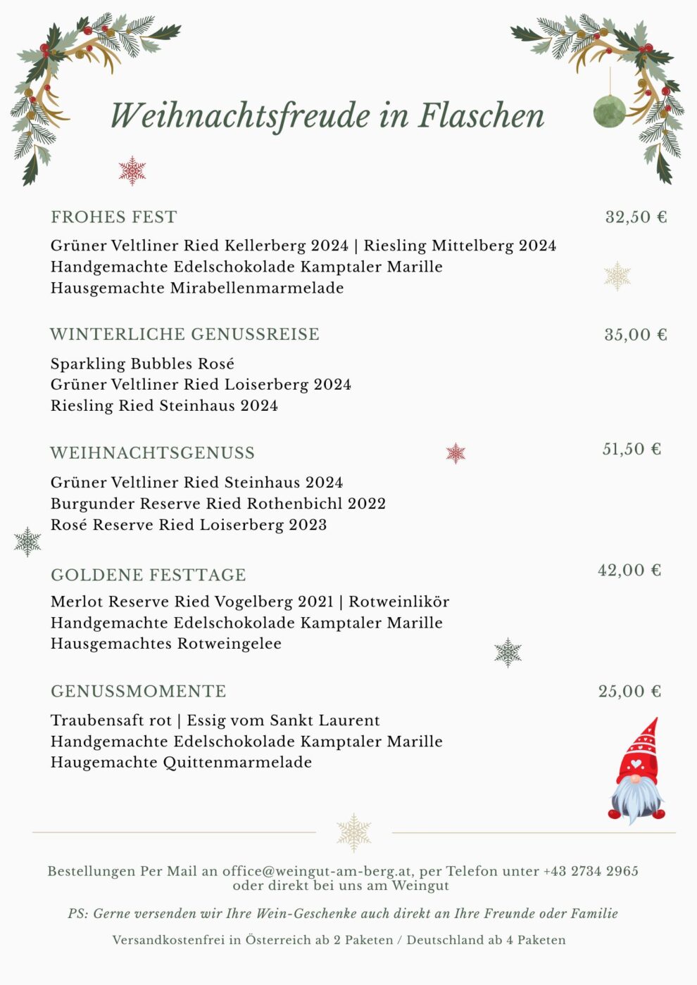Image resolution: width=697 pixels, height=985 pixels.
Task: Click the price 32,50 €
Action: [x=635, y=217]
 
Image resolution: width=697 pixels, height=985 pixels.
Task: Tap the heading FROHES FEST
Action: [x=113, y=217]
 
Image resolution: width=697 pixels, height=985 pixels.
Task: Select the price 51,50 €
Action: [x=632, y=449]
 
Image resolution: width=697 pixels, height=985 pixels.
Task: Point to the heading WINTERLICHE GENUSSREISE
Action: [x=184, y=334]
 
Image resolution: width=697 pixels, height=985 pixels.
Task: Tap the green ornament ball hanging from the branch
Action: [x=609, y=111]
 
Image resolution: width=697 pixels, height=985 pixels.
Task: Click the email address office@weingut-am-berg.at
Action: [x=318, y=871]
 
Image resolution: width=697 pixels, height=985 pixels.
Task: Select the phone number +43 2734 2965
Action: [x=591, y=871]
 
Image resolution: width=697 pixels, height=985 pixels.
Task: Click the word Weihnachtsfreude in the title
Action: [x=240, y=116]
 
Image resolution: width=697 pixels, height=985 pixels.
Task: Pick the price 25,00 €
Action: [x=629, y=691]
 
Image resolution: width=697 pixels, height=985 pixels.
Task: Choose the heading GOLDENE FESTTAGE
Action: [x=148, y=575]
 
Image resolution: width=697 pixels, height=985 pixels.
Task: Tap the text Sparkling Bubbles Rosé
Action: [x=142, y=364]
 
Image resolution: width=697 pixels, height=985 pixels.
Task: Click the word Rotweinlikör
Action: [x=398, y=602]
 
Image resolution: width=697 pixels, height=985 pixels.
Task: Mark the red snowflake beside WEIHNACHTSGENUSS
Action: [x=456, y=453]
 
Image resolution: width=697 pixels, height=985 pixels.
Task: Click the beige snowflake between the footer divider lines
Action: [x=353, y=832]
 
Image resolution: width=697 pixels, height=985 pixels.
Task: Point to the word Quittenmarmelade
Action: [x=237, y=762]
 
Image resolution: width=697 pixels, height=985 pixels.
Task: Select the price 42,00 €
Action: [x=629, y=570]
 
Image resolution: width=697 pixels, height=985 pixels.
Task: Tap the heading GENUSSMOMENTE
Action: [x=138, y=691]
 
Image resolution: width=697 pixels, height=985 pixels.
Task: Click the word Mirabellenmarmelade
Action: [x=257, y=288]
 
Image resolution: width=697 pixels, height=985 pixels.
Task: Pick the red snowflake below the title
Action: [x=132, y=171]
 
